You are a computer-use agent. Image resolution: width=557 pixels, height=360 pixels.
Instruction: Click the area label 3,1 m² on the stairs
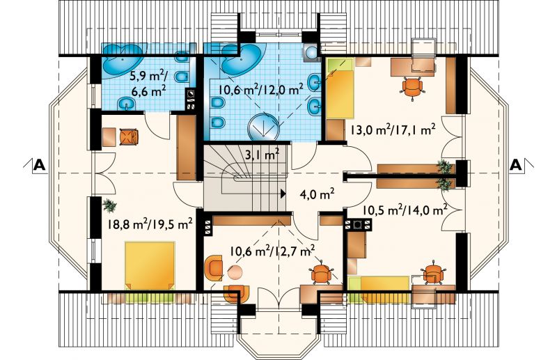pos(262,155)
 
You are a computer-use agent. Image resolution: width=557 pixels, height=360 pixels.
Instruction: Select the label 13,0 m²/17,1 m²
pos(393,130)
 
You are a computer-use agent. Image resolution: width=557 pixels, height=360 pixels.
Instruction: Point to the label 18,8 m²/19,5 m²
pos(150,225)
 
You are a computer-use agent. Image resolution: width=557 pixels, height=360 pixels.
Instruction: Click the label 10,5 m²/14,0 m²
pos(405,210)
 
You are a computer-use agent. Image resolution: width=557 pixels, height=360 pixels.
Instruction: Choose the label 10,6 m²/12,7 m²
pos(272,252)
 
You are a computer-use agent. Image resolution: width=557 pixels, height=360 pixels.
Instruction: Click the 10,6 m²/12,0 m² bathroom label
pos(260,90)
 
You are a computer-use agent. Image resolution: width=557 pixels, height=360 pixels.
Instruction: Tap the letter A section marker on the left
pos(40,165)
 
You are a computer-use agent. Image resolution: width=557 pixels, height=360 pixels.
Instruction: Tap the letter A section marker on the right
pos(516,165)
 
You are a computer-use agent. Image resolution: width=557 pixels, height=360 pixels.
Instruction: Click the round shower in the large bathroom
pos(263,126)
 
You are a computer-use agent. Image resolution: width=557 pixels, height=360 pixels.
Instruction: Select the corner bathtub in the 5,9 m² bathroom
pos(120,58)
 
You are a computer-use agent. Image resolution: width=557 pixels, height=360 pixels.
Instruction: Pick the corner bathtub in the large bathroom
pos(242,58)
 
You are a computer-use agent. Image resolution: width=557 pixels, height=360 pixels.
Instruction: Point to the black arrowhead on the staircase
pos(283,194)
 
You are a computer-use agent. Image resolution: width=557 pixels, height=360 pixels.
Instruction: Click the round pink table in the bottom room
pos(235,272)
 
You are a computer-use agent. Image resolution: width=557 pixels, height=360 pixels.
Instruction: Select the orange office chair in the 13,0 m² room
pos(412,86)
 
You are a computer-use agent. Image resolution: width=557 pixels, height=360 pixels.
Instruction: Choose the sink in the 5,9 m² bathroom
pos(125,104)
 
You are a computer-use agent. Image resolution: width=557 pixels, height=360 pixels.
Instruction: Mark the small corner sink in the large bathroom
pos(311,53)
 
